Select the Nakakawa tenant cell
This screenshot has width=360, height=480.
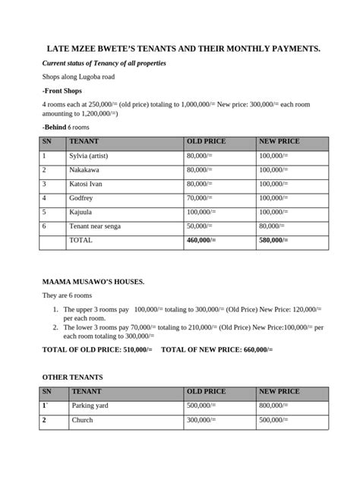[87, 170]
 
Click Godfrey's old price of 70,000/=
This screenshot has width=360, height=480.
[200, 198]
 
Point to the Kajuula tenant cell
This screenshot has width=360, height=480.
[83, 212]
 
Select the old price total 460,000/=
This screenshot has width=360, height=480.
[201, 240]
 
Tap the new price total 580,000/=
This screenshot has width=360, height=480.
[274, 240]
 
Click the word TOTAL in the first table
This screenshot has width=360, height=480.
[81, 240]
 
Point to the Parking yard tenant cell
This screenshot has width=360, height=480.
[90, 406]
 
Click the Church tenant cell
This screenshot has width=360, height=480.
[82, 420]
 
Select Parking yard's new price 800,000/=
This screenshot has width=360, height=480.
[276, 406]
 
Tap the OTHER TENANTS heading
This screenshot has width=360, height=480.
[73, 377]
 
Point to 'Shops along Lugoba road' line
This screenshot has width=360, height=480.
[79, 77]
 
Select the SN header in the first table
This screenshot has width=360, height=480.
[47, 141]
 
